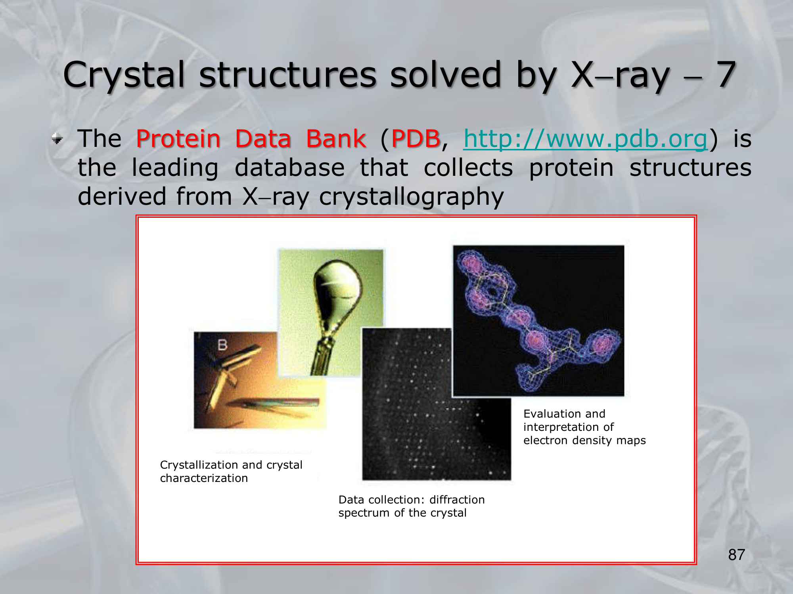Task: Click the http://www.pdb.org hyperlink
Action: pos(586,139)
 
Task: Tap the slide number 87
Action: pos(737,555)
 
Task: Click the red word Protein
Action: pos(178,139)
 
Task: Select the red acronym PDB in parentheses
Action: pos(416,139)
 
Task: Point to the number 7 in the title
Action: pos(726,74)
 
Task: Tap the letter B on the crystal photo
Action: pos(222,345)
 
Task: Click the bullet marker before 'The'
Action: pos(57,139)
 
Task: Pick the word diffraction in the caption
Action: pos(457,500)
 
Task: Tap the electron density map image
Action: pos(538,321)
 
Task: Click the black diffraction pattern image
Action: pos(436,404)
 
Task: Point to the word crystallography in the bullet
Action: pos(412,197)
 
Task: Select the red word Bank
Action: pos(336,139)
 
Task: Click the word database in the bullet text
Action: pos(290,168)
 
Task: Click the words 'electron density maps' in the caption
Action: pos(584,440)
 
